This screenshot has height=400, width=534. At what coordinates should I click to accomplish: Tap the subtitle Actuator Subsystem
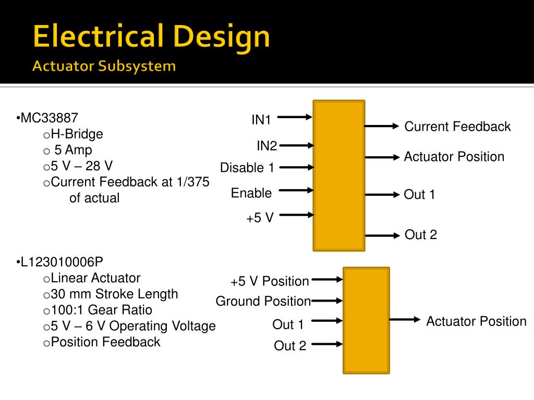[104, 67]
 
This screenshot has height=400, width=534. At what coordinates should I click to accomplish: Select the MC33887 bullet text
[50, 118]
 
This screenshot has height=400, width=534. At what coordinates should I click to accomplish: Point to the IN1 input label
[261, 120]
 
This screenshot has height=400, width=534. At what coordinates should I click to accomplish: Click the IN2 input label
[266, 146]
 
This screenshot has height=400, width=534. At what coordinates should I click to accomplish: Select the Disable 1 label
[247, 168]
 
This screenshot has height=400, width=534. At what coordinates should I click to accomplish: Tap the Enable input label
[251, 193]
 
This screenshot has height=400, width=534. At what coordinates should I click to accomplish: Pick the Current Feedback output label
[457, 127]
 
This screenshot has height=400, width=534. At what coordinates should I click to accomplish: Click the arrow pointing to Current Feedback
[381, 126]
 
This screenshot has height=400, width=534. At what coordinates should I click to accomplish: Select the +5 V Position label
[270, 281]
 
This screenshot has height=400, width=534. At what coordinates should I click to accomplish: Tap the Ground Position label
[263, 301]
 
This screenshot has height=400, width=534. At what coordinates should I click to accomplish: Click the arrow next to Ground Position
[327, 301]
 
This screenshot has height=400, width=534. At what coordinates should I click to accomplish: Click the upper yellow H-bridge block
[339, 176]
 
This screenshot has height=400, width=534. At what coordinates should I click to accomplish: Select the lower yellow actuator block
[366, 320]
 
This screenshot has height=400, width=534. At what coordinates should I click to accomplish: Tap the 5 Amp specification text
[73, 150]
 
